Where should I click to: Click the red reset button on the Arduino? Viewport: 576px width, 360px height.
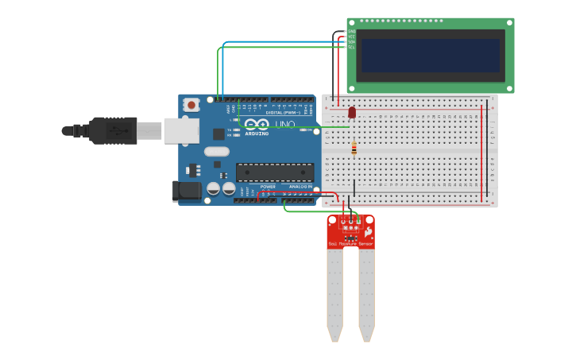coord(191,104)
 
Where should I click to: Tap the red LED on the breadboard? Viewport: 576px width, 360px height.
coord(352,113)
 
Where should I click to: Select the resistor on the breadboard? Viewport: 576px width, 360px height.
coord(354,148)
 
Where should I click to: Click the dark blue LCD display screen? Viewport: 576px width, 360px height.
coord(431,56)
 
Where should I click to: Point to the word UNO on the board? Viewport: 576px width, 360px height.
coord(284,125)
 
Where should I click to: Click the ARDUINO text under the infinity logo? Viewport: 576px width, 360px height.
coord(257,134)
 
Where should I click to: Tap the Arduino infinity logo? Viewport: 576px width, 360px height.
coord(257,124)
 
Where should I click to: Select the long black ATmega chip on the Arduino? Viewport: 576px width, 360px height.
coord(275,172)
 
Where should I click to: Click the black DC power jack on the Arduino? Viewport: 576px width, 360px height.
coord(188,191)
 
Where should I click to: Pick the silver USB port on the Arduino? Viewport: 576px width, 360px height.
coord(181,130)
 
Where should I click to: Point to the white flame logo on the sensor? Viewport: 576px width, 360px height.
coord(368,231)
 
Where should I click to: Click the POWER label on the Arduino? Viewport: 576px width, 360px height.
coord(268,187)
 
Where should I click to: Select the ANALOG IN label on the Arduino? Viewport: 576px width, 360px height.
coord(300,187)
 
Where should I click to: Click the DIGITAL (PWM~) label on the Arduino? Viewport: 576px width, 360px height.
coord(282,113)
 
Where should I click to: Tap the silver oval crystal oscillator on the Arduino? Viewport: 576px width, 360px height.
coord(216,151)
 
